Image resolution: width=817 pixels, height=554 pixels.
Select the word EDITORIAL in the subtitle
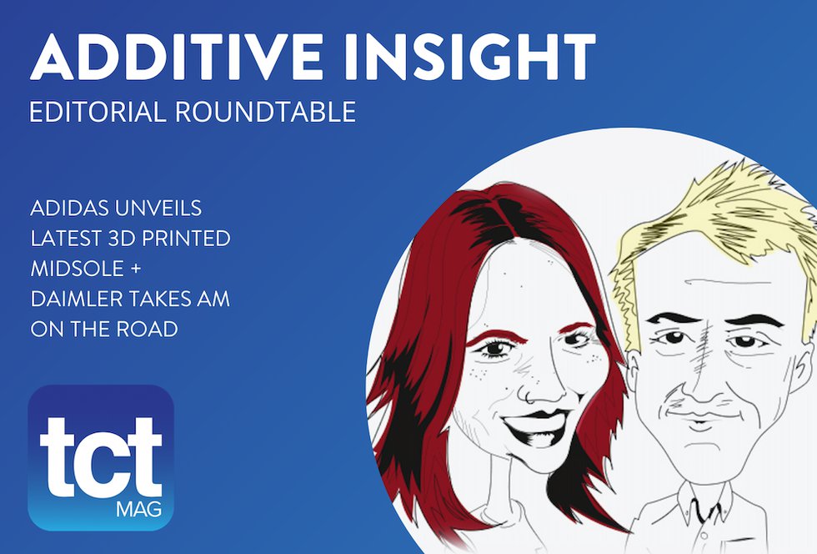pos(97,112)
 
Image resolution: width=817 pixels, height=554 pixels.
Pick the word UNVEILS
pos(172,207)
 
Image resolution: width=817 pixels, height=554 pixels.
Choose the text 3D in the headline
pos(116,238)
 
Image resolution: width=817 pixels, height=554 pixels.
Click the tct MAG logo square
pos(100,457)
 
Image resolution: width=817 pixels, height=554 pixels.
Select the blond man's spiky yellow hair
pos(717,209)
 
